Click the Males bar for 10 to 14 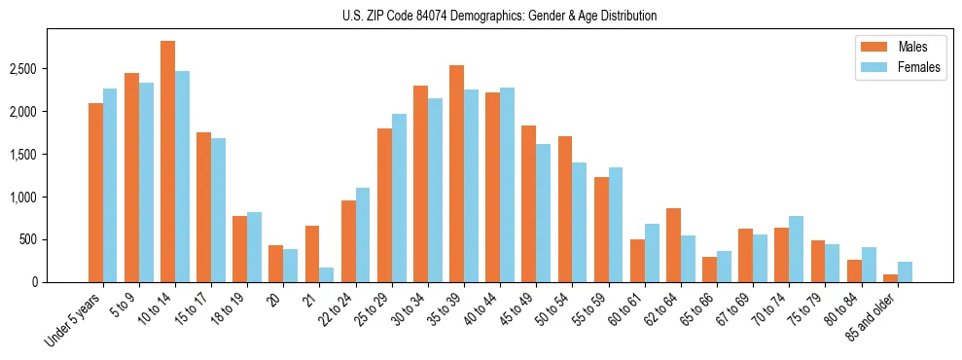pos(168,162)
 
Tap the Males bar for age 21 pos(312,254)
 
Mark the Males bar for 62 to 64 pos(674,245)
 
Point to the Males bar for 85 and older pos(891,278)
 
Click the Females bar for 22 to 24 pos(363,234)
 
